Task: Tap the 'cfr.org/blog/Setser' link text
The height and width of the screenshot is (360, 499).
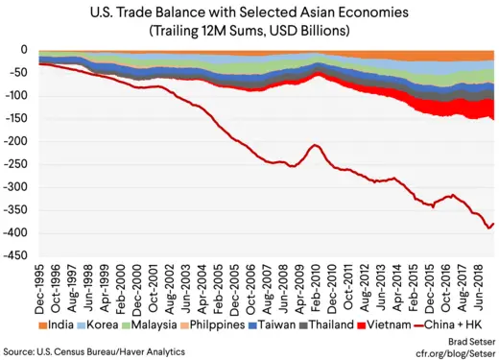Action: [455, 351]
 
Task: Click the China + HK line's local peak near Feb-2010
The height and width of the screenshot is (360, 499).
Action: [315, 145]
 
